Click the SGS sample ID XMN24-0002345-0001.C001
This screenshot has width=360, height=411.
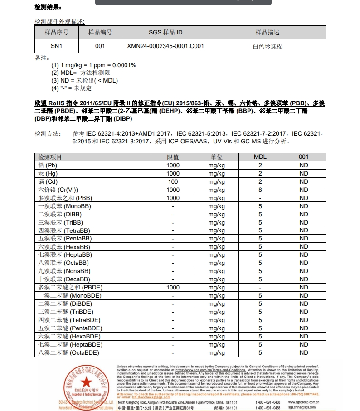pos(165,46)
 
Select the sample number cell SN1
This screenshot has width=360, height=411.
pos(57,46)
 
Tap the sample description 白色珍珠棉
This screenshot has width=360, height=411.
pos(268,46)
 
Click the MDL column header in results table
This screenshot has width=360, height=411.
pos(260,157)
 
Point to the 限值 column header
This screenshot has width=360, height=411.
pos(173,157)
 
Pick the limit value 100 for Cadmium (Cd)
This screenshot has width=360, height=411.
pos(173,181)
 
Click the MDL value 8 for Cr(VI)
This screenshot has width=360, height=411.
pos(260,190)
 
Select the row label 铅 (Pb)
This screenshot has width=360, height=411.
pos(48,165)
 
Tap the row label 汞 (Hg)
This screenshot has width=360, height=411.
pos(48,173)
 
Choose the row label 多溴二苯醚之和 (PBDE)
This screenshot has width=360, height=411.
pos(70,287)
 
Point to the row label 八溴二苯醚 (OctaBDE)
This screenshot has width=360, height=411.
pos(68,352)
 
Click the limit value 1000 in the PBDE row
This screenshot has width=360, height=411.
pos(173,287)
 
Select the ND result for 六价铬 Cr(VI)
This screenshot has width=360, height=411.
pos(304,190)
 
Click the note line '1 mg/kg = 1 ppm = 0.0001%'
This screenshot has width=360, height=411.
pos(93,65)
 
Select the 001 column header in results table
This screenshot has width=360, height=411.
pos(304,157)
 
